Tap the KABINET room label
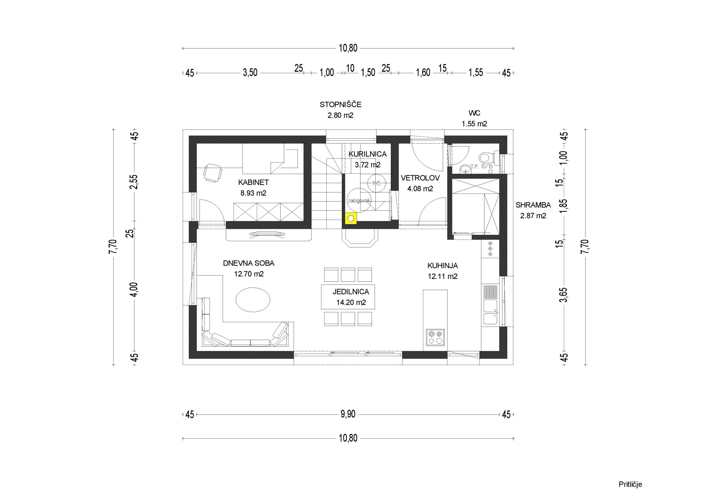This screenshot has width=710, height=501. point(253,182)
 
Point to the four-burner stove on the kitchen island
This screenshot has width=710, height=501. point(435,337)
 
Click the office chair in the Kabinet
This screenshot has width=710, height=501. point(213,173)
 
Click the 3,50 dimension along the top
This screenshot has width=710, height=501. point(250,73)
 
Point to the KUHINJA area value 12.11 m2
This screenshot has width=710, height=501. point(443,276)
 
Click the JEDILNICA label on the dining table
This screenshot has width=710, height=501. point(351,292)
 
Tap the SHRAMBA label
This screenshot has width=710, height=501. point(533,205)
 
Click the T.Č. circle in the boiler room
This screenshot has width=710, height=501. point(376,183)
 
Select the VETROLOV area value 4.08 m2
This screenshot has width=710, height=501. point(420,188)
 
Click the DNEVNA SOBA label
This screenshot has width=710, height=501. point(248,263)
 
